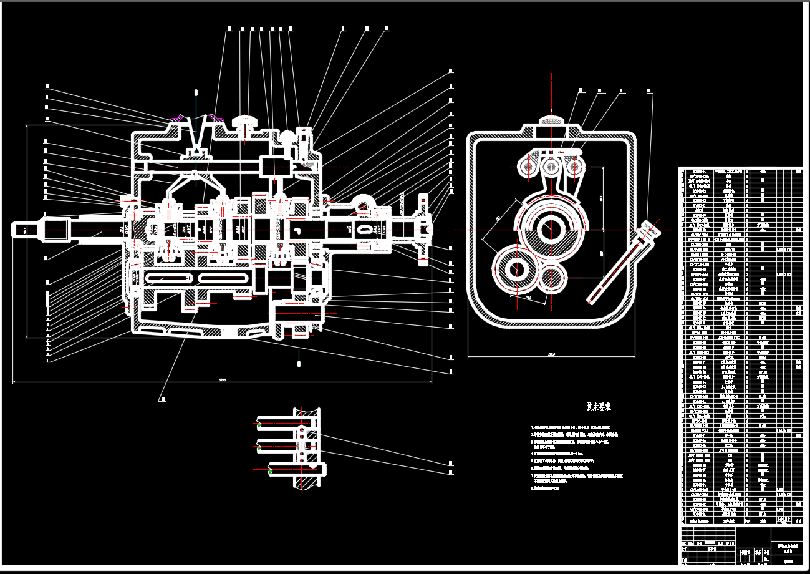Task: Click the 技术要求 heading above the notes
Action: [599, 406]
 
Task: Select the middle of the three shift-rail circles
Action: [551, 167]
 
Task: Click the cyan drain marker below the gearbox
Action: [299, 361]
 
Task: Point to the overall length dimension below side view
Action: [223, 379]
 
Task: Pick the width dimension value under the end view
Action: [551, 356]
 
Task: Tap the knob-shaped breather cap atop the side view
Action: [246, 120]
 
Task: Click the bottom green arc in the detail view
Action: [269, 471]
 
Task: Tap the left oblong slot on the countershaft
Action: [167, 278]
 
